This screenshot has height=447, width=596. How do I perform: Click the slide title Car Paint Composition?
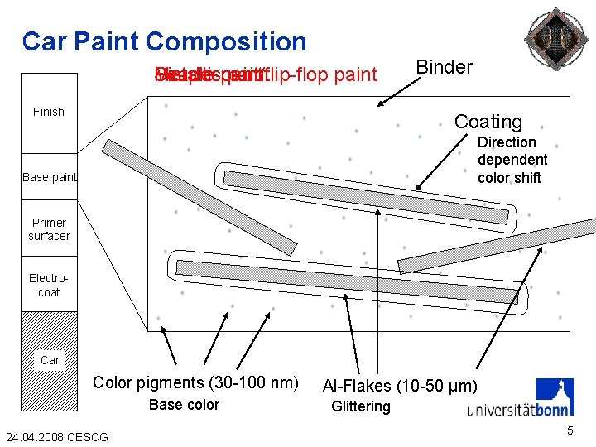[164, 41]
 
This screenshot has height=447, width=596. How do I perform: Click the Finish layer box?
[49, 113]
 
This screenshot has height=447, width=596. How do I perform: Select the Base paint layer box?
[49, 177]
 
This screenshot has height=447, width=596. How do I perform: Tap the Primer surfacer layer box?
[49, 229]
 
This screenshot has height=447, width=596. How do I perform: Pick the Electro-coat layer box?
[49, 286]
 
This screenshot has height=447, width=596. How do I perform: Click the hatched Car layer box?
[49, 360]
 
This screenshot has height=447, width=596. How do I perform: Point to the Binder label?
[444, 68]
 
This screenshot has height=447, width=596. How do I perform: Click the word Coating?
[488, 122]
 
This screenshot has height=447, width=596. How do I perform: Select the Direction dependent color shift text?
[512, 160]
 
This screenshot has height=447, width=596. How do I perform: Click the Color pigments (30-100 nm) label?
[195, 382]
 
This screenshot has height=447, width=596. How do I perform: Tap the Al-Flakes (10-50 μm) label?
[400, 386]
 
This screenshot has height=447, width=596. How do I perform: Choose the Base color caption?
[184, 405]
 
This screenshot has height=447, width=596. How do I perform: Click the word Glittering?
[360, 406]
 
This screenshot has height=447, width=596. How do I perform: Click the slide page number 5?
[570, 430]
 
